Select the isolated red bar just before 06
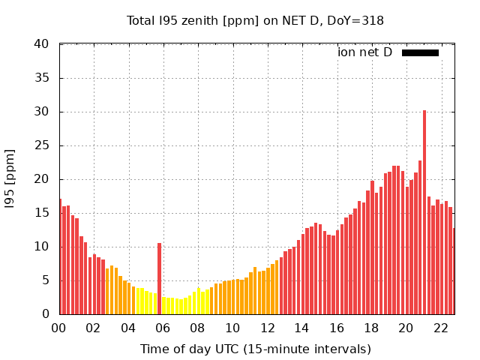pyautogui.click(x=159, y=278)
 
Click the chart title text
pyautogui.click(x=255, y=20)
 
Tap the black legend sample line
pyautogui.click(x=420, y=52)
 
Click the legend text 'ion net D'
pyautogui.click(x=364, y=52)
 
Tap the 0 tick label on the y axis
pyautogui.click(x=46, y=314)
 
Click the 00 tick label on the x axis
pyautogui.click(x=58, y=328)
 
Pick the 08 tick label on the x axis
pyautogui.click(x=197, y=328)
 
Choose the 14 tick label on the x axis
pyautogui.click(x=301, y=328)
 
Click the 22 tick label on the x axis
pyautogui.click(x=440, y=328)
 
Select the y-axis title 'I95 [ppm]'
pyautogui.click(x=10, y=179)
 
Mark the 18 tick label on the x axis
pyautogui.click(x=371, y=328)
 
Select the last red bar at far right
pyautogui.click(x=454, y=271)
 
